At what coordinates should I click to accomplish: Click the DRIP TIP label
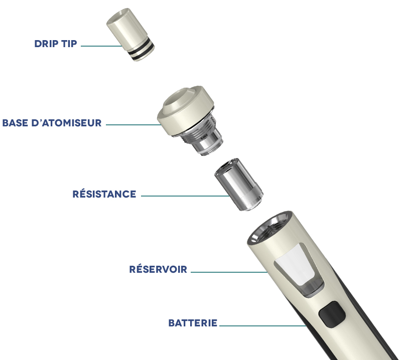(56, 44)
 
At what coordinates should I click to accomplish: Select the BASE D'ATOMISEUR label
(52, 123)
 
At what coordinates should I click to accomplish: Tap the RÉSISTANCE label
(104, 194)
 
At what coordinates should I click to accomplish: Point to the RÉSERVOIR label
(158, 270)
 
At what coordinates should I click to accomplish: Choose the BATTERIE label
(193, 323)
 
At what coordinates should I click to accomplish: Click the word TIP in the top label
(69, 44)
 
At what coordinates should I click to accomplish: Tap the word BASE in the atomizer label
(16, 123)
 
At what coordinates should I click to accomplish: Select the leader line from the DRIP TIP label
(100, 46)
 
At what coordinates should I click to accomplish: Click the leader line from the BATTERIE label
(261, 326)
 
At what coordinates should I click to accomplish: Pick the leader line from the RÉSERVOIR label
(228, 272)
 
